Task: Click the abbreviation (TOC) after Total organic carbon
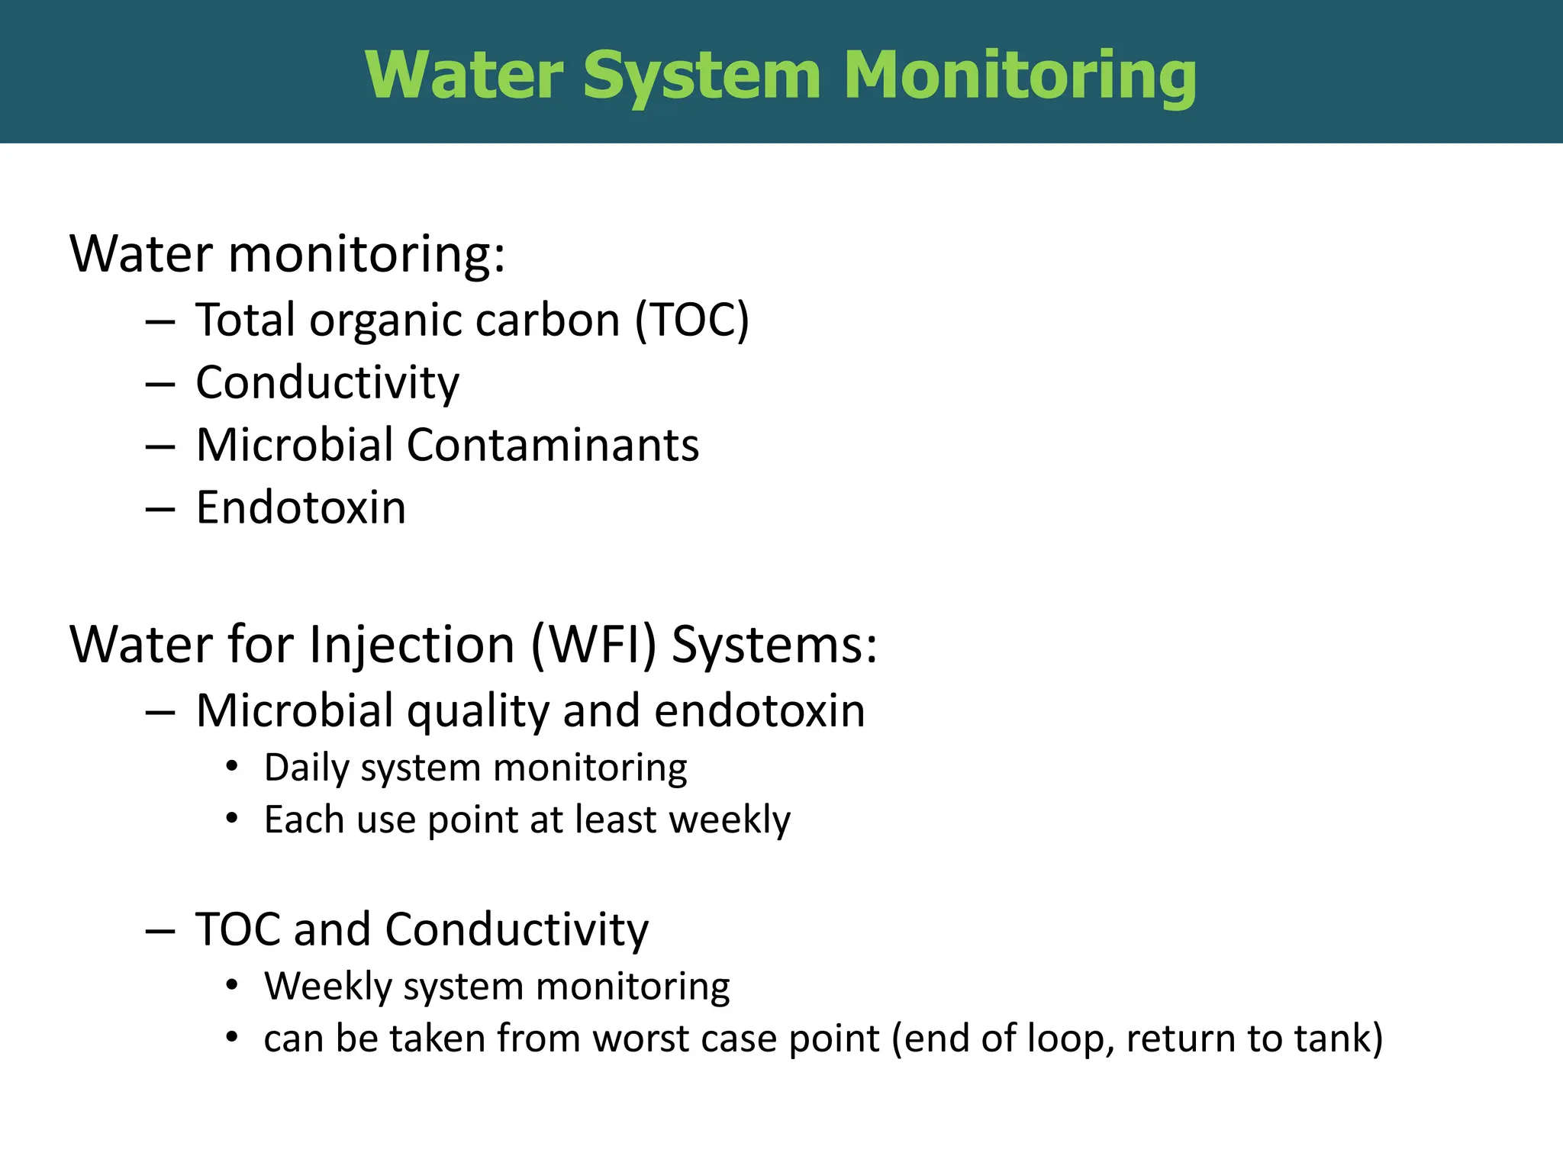(x=692, y=320)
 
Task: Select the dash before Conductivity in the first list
(x=160, y=384)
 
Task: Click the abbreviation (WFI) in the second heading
(x=593, y=645)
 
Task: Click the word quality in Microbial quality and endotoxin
(x=478, y=712)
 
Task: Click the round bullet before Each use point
(x=233, y=819)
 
